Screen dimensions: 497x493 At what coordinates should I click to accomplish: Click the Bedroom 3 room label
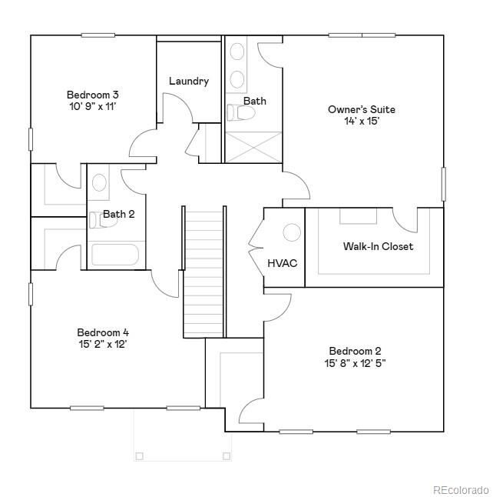(x=92, y=95)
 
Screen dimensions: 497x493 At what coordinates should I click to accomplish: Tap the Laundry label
(x=188, y=81)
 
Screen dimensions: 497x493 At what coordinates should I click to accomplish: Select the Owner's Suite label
(x=362, y=109)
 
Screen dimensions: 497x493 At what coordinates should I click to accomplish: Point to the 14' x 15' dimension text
(x=362, y=121)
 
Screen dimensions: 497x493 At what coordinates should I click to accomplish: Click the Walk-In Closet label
(x=378, y=246)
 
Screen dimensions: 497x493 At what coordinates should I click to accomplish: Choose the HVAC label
(x=282, y=263)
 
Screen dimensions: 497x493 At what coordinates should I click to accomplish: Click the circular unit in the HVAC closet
(x=292, y=232)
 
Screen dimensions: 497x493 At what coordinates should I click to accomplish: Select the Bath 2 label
(x=119, y=214)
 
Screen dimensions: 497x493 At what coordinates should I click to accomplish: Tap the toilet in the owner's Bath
(x=243, y=114)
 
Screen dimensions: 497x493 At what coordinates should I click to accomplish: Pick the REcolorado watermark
(x=459, y=489)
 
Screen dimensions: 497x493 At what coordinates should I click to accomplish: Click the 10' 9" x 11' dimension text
(x=92, y=106)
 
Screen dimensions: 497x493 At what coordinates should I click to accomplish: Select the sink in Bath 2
(x=99, y=183)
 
